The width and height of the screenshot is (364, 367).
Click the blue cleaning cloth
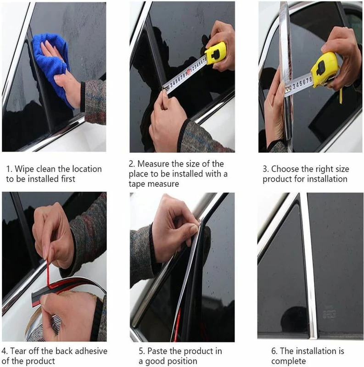pyautogui.click(x=50, y=63)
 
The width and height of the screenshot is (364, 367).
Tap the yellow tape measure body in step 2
pyautogui.click(x=215, y=54)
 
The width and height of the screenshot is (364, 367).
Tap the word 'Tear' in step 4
pyautogui.click(x=18, y=351)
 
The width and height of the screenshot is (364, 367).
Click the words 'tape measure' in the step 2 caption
pyautogui.click(x=154, y=184)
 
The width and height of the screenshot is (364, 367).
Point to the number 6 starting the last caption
pyautogui.click(x=274, y=351)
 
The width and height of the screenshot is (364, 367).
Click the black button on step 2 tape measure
pyautogui.click(x=215, y=54)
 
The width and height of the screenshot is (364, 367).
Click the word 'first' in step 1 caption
pyautogui.click(x=68, y=179)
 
